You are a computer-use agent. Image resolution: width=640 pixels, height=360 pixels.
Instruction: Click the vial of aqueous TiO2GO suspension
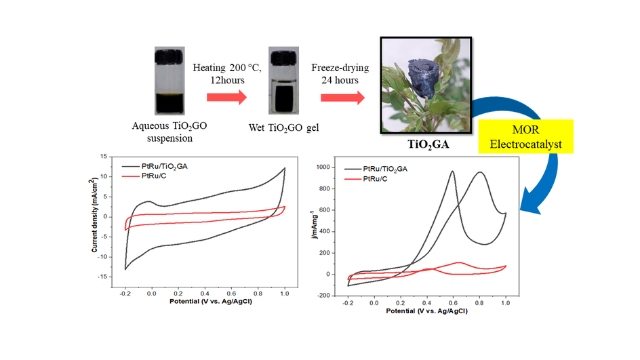(x=169, y=80)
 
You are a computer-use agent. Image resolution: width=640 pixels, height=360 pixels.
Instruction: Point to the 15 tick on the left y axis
(x=104, y=157)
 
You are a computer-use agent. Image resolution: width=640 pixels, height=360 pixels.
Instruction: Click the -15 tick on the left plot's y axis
(x=103, y=276)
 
